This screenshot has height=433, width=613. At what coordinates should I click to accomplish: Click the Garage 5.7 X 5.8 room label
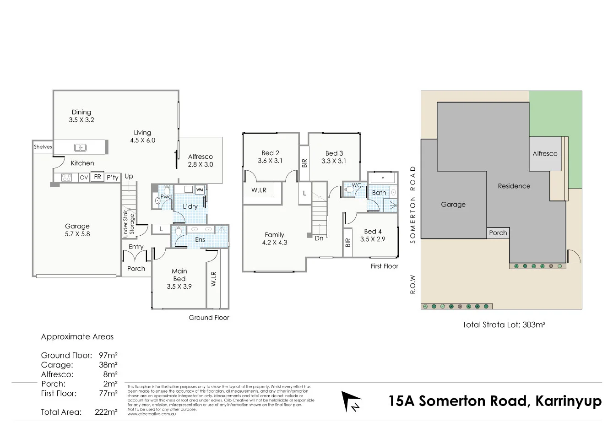(77, 230)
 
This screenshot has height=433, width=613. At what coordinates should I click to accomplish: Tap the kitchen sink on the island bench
(81, 147)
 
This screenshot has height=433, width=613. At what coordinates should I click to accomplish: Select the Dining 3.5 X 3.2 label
(81, 116)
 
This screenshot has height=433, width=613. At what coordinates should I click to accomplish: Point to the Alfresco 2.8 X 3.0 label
(201, 160)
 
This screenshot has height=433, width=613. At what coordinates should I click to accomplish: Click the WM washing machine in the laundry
(200, 189)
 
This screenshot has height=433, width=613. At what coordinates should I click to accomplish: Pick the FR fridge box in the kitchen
(97, 177)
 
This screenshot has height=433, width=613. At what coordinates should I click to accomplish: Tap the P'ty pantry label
(112, 178)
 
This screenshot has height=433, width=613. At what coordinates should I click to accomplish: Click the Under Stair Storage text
(129, 225)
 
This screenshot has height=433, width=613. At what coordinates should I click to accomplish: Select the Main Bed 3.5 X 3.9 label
(179, 279)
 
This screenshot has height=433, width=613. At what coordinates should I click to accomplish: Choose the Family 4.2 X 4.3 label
(275, 238)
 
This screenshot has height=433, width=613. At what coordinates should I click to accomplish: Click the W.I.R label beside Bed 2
(259, 190)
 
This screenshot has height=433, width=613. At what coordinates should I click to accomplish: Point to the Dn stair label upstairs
(319, 238)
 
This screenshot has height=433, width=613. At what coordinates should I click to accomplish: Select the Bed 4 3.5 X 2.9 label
(373, 235)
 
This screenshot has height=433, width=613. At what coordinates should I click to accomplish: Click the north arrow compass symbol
(352, 401)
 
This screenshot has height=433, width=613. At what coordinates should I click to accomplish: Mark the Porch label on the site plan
(498, 233)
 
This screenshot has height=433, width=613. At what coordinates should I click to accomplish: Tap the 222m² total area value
(106, 411)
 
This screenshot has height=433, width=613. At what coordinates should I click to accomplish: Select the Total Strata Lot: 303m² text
(504, 325)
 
